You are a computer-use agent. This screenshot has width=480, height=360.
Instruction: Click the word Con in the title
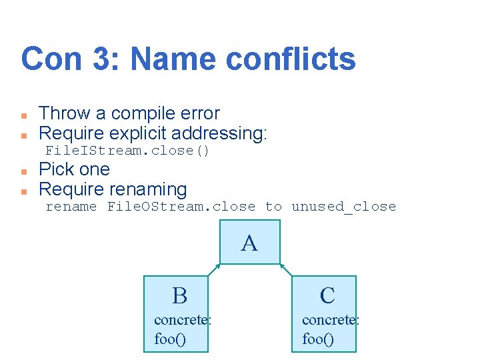click(x=49, y=59)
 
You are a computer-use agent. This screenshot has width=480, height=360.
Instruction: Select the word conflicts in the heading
click(x=291, y=59)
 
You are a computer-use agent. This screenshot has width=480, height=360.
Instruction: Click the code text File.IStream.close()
click(x=127, y=151)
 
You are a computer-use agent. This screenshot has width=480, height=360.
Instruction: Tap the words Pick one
click(x=75, y=169)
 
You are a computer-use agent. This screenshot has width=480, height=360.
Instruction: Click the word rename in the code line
click(x=71, y=207)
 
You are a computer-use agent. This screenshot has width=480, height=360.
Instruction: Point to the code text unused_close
click(x=343, y=207)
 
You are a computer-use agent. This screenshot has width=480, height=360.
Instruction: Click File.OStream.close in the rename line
click(x=181, y=207)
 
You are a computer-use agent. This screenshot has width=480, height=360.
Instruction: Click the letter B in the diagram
click(x=179, y=295)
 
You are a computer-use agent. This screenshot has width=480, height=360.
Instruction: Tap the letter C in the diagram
click(x=327, y=295)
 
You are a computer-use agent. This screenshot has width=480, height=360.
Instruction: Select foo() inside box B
click(x=170, y=339)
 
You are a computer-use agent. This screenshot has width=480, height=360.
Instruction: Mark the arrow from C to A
click(x=285, y=270)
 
